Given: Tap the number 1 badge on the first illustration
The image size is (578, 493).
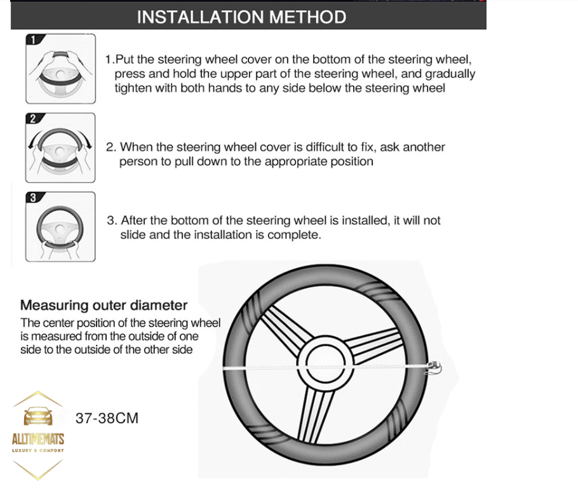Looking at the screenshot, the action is pyautogui.click(x=34, y=39).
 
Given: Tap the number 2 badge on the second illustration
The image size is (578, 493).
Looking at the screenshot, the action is pyautogui.click(x=34, y=118).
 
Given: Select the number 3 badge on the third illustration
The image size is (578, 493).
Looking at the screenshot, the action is pyautogui.click(x=34, y=198).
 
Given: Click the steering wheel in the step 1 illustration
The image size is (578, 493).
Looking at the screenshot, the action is pyautogui.click(x=60, y=78).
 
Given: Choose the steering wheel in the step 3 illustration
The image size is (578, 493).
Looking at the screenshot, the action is pyautogui.click(x=60, y=228).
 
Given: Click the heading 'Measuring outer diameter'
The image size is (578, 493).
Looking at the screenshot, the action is pyautogui.click(x=104, y=306).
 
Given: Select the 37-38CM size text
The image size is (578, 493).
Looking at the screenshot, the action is pyautogui.click(x=107, y=418).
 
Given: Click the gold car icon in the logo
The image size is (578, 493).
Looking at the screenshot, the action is pyautogui.click(x=38, y=417).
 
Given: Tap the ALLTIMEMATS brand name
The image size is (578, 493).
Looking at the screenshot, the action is pyautogui.click(x=38, y=439).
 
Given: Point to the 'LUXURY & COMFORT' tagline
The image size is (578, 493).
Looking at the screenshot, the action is pyautogui.click(x=38, y=450).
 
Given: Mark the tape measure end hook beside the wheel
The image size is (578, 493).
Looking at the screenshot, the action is pyautogui.click(x=434, y=368).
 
